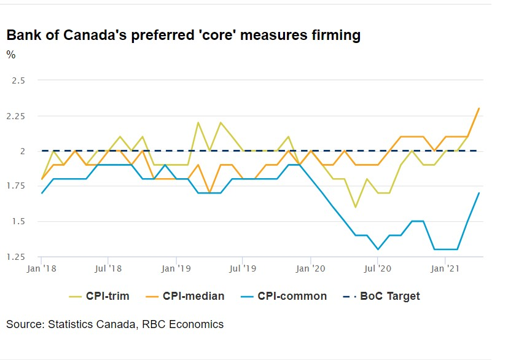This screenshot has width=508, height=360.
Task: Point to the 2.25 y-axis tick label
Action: click(x=15, y=115)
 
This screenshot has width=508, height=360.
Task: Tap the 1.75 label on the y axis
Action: click(x=15, y=186)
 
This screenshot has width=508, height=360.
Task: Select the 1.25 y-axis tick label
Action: click(x=15, y=257)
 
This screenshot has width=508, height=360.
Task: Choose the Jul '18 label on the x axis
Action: click(x=108, y=268)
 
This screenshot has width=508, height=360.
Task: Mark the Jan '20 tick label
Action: click(x=310, y=268)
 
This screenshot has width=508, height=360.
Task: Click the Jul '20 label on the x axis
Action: click(x=377, y=268)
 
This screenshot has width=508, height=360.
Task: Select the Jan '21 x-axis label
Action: click(x=445, y=268)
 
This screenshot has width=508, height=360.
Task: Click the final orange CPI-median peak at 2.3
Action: click(x=479, y=108)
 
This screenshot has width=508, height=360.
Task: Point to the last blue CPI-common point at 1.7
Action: click(x=479, y=193)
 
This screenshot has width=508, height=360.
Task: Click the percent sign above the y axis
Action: click(x=11, y=55)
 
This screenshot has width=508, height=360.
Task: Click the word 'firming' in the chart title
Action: click(x=331, y=35)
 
